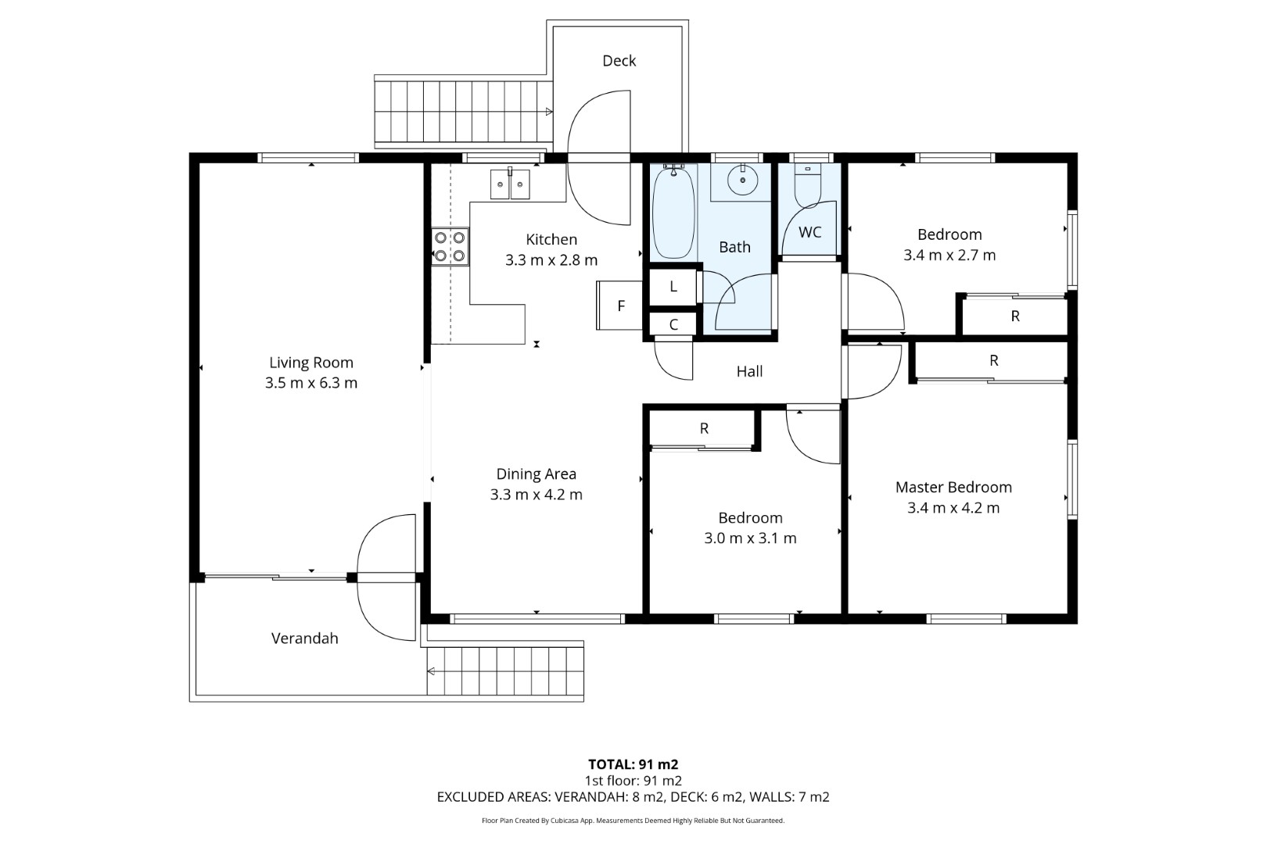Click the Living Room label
coord(311,363)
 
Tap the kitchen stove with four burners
coord(450,246)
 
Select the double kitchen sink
coord(510,184)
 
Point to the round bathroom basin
coord(742,181)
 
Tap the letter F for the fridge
coord(621,306)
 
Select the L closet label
coord(673,287)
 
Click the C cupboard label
coord(673,324)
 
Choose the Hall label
coord(749,371)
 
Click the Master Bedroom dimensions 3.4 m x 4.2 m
coord(953,508)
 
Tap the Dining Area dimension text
coord(537,495)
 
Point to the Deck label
coord(619,60)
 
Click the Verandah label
coord(305,638)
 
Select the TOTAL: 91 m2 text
coord(633,764)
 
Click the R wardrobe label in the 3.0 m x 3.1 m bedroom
coord(704,428)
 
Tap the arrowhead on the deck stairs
coord(549,112)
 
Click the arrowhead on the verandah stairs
coord(431,671)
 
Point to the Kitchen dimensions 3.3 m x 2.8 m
coord(551,260)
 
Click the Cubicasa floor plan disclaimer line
coord(633,821)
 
